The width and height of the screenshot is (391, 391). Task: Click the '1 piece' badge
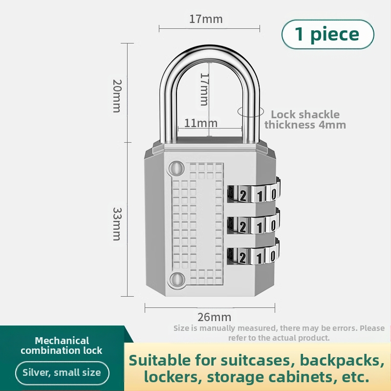(327, 34)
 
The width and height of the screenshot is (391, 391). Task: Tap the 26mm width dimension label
(214, 317)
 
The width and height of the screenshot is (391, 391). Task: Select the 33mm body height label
(117, 224)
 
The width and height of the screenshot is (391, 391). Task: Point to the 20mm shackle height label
(117, 96)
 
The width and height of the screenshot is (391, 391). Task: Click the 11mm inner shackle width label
(201, 123)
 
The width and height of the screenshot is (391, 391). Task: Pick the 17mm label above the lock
(206, 19)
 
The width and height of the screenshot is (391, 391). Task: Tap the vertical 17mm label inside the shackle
(204, 89)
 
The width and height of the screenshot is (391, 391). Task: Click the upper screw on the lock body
(177, 168)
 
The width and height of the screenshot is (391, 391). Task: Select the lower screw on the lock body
(177, 279)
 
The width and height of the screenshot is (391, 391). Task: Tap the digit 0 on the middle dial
(273, 225)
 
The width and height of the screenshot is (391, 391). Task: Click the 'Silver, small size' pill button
(62, 373)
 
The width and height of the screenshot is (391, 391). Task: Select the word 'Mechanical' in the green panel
(62, 341)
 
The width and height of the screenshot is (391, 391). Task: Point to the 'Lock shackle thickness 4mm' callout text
(305, 120)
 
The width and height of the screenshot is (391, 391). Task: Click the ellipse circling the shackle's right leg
(250, 111)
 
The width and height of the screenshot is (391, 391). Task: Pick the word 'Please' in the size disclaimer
(372, 328)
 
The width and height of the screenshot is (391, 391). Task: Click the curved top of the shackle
(210, 52)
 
